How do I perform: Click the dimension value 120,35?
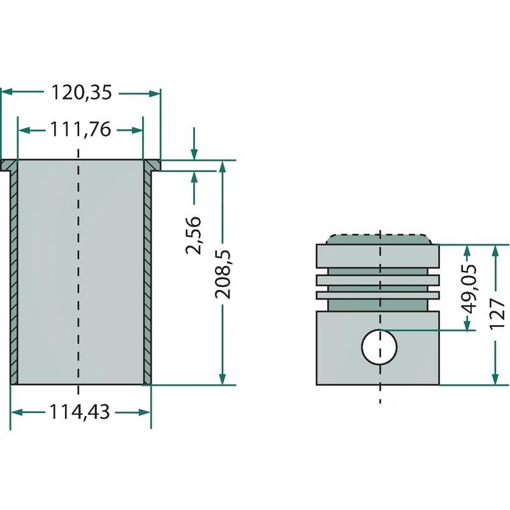click(x=81, y=93)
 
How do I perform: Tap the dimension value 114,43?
click(x=80, y=412)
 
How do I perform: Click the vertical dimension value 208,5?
click(x=222, y=274)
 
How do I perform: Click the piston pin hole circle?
click(x=379, y=347)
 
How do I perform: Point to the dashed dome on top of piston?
click(x=379, y=238)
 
